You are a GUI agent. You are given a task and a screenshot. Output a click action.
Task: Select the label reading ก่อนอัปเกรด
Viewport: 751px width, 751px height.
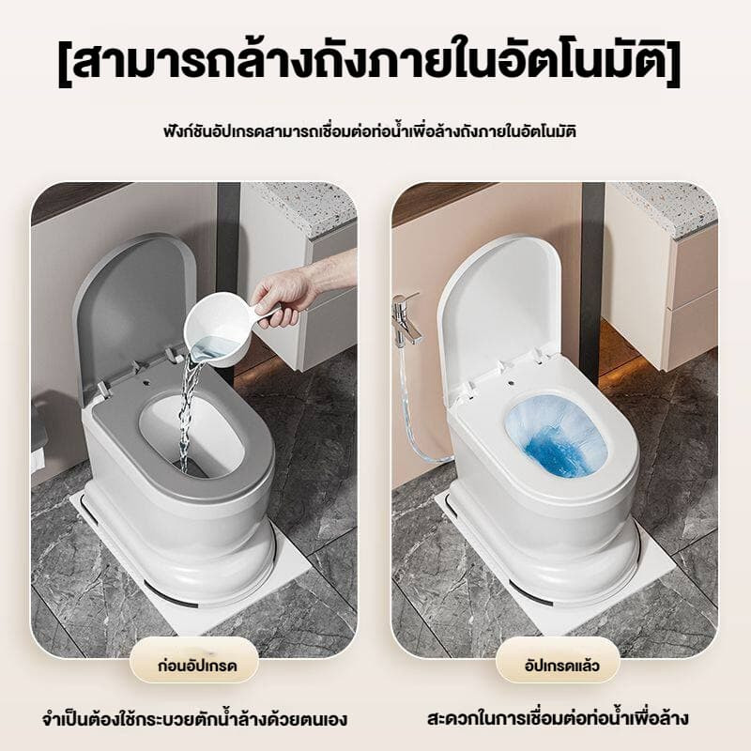(197, 666)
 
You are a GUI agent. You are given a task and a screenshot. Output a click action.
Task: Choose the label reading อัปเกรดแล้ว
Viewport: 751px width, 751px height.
(561, 666)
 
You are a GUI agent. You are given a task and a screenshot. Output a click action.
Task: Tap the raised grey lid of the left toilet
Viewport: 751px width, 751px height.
(131, 312)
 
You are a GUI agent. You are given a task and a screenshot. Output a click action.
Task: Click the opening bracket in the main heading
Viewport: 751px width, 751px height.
(65, 65)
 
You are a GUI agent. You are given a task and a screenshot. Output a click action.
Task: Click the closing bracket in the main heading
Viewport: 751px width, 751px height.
(674, 65)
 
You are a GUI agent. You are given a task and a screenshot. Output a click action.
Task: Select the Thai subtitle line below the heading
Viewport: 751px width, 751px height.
(369, 130)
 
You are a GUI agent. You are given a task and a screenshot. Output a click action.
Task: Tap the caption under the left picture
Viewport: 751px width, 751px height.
(194, 720)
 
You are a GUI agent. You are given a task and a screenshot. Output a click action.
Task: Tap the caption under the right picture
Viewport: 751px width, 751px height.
(558, 719)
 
